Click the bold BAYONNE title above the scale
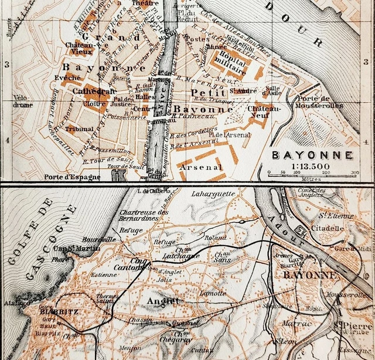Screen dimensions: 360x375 click(312, 155)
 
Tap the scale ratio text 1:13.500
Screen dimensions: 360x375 click(312, 166)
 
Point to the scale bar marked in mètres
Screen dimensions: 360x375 click(312, 173)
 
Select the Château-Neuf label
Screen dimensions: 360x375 click(264, 111)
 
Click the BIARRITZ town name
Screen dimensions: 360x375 click(55, 312)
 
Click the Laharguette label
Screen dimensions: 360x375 click(213, 193)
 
